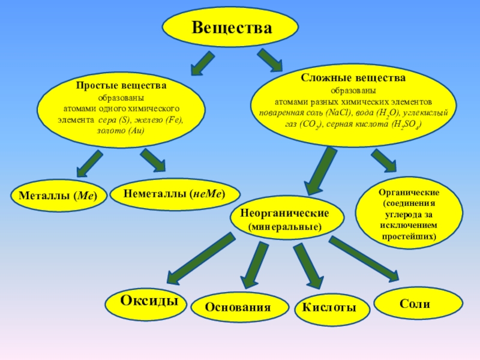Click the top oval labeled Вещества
(x=230, y=27)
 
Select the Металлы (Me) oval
(x=58, y=196)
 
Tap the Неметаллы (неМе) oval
(x=175, y=194)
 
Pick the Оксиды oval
(x=146, y=304)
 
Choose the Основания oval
(x=239, y=307)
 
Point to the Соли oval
(x=418, y=303)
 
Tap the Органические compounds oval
(x=409, y=213)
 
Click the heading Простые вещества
(x=121, y=85)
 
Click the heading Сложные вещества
(x=353, y=78)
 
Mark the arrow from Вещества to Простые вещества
(x=202, y=64)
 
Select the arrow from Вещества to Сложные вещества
(x=270, y=60)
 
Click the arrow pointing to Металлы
(x=89, y=163)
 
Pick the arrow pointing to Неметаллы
(x=153, y=160)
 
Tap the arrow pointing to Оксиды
(x=201, y=259)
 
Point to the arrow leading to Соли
(x=364, y=259)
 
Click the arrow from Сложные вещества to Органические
(x=384, y=160)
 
